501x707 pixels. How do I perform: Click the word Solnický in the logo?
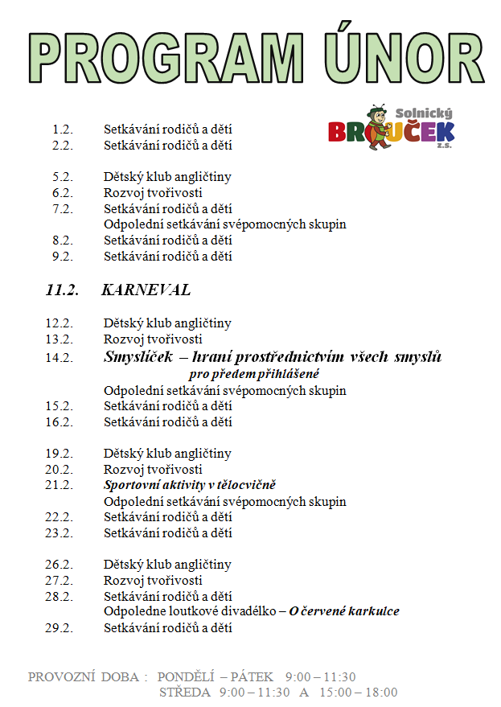pyautogui.click(x=424, y=115)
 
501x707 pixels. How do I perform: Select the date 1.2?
pyautogui.click(x=62, y=129)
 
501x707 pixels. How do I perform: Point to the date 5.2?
pyautogui.click(x=62, y=177)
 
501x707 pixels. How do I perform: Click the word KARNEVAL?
pyautogui.click(x=146, y=290)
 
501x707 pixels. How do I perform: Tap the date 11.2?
pyautogui.click(x=62, y=290)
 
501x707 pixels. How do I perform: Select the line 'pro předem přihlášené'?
pyautogui.click(x=254, y=374)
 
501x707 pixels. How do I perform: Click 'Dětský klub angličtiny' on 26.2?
pyautogui.click(x=167, y=565)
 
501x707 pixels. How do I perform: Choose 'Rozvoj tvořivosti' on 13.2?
pyautogui.click(x=153, y=339)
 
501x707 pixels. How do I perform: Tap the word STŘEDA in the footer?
pyautogui.click(x=184, y=692)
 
